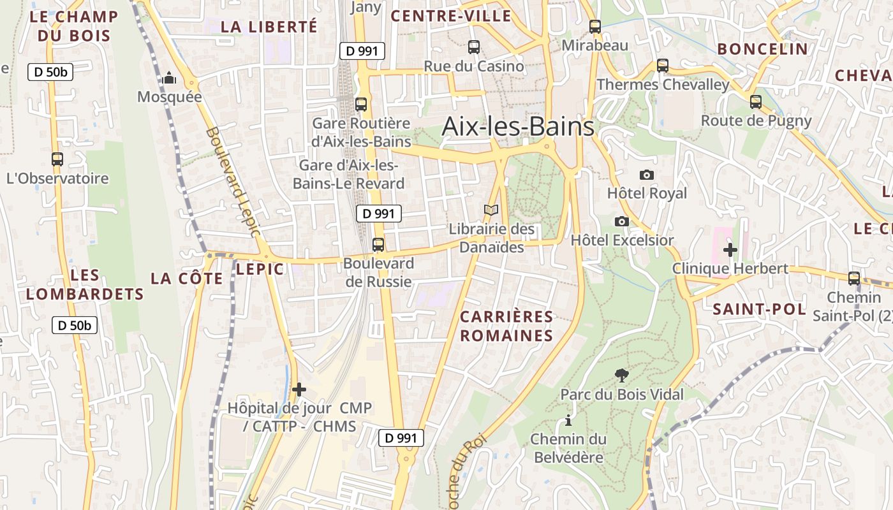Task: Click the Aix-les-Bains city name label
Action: coord(518,127)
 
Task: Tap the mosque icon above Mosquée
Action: coord(169,78)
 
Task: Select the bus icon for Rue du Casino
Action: coord(474,47)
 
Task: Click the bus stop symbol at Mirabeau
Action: coord(595,26)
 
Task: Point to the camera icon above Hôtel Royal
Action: coord(647,175)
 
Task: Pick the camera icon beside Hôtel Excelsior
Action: coord(621,221)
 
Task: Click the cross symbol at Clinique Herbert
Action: coord(730,249)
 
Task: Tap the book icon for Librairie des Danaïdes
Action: coord(491,210)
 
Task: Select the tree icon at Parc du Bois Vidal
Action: coord(621,375)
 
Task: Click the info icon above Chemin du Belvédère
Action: coord(568,420)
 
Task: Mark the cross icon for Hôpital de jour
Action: coord(299,389)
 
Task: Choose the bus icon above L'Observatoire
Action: coord(57,159)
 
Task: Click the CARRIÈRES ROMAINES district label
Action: coord(506,326)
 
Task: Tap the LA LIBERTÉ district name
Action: coord(269,27)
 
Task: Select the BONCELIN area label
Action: coord(762,49)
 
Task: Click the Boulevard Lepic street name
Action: coord(233,182)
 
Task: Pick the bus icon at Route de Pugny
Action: coord(756,101)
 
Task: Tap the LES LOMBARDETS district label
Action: coord(85,284)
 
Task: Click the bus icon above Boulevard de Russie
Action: coord(378,244)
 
